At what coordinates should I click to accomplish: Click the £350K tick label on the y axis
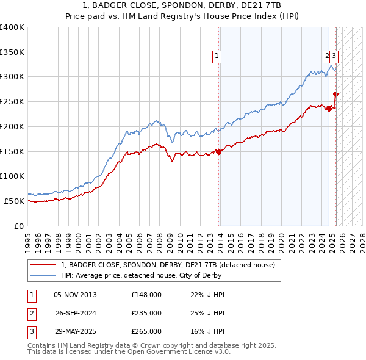point(12,52)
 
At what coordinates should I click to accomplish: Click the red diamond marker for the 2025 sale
point(336,94)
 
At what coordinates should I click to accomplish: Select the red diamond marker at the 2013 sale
point(219,152)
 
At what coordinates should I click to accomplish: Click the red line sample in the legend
point(43,265)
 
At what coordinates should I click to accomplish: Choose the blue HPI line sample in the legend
point(43,275)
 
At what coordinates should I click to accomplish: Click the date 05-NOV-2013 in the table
point(75,295)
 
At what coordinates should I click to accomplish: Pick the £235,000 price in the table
point(146,313)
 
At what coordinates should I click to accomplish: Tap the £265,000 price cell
point(146,331)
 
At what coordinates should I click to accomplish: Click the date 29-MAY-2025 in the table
point(76,331)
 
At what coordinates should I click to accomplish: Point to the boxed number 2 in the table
point(31,313)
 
